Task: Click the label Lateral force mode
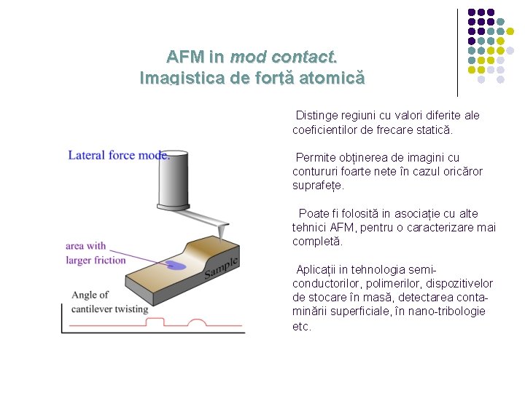(x=119, y=155)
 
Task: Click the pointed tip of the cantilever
(x=219, y=236)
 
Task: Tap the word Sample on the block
(x=221, y=267)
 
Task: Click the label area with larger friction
(x=96, y=253)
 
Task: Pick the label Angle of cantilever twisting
(x=109, y=301)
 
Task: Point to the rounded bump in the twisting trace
(x=198, y=322)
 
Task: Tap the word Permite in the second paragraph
(x=316, y=157)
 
